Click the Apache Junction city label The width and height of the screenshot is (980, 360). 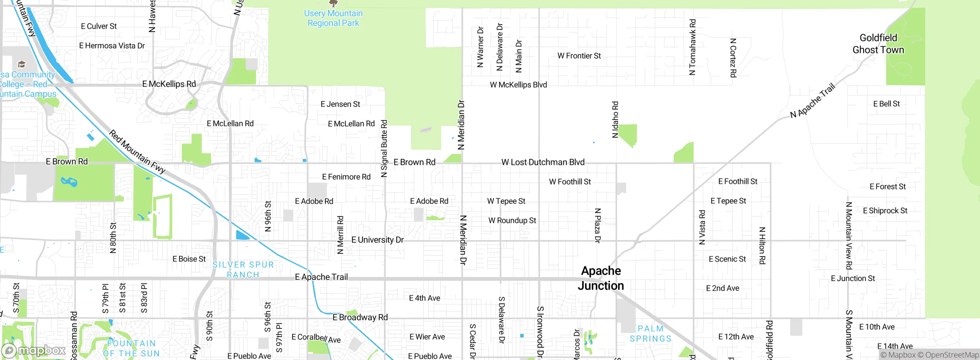(601, 278)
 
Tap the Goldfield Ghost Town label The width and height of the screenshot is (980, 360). (878, 44)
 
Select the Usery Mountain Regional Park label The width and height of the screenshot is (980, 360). (333, 18)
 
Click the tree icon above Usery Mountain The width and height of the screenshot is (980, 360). (333, 3)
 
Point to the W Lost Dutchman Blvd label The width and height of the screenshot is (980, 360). (543, 162)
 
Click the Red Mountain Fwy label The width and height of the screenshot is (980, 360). (137, 151)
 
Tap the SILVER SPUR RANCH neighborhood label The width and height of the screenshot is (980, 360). (243, 270)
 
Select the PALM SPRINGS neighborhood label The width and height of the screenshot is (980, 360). (650, 334)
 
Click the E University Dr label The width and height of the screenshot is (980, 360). (377, 240)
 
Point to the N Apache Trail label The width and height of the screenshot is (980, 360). (812, 101)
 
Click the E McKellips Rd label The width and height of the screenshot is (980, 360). (169, 84)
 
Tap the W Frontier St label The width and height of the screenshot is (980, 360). (579, 56)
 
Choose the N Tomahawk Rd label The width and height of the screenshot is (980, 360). (692, 47)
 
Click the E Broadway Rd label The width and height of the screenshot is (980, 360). (360, 317)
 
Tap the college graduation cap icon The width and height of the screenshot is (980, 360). (22, 64)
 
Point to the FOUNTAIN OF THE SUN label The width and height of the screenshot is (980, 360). (131, 348)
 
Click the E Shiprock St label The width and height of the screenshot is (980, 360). (885, 211)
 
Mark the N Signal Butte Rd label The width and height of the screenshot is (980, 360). (384, 149)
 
